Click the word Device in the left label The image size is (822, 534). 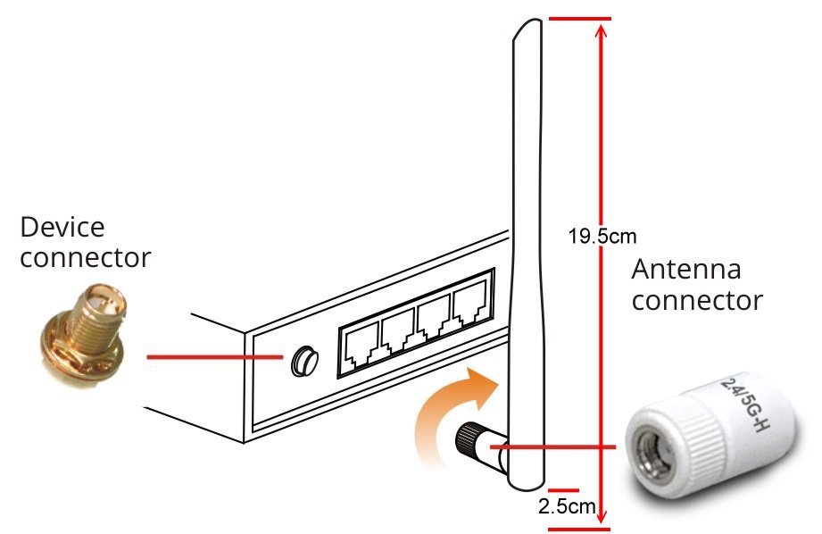62,227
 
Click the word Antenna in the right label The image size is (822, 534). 686,269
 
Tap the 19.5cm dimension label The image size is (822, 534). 602,237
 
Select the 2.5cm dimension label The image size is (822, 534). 567,507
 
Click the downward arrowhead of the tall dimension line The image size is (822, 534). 604,516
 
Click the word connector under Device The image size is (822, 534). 86,258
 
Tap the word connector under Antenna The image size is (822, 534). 697,300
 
